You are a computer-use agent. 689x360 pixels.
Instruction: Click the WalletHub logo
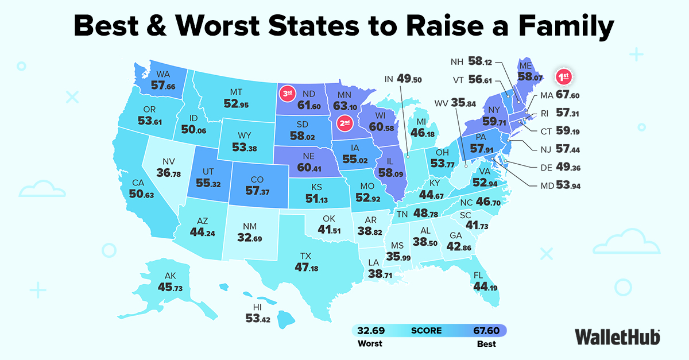pyautogui.click(x=617, y=336)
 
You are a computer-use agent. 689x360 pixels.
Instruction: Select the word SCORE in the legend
pyautogui.click(x=426, y=330)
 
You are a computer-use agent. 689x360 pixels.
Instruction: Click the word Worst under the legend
pyautogui.click(x=370, y=344)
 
